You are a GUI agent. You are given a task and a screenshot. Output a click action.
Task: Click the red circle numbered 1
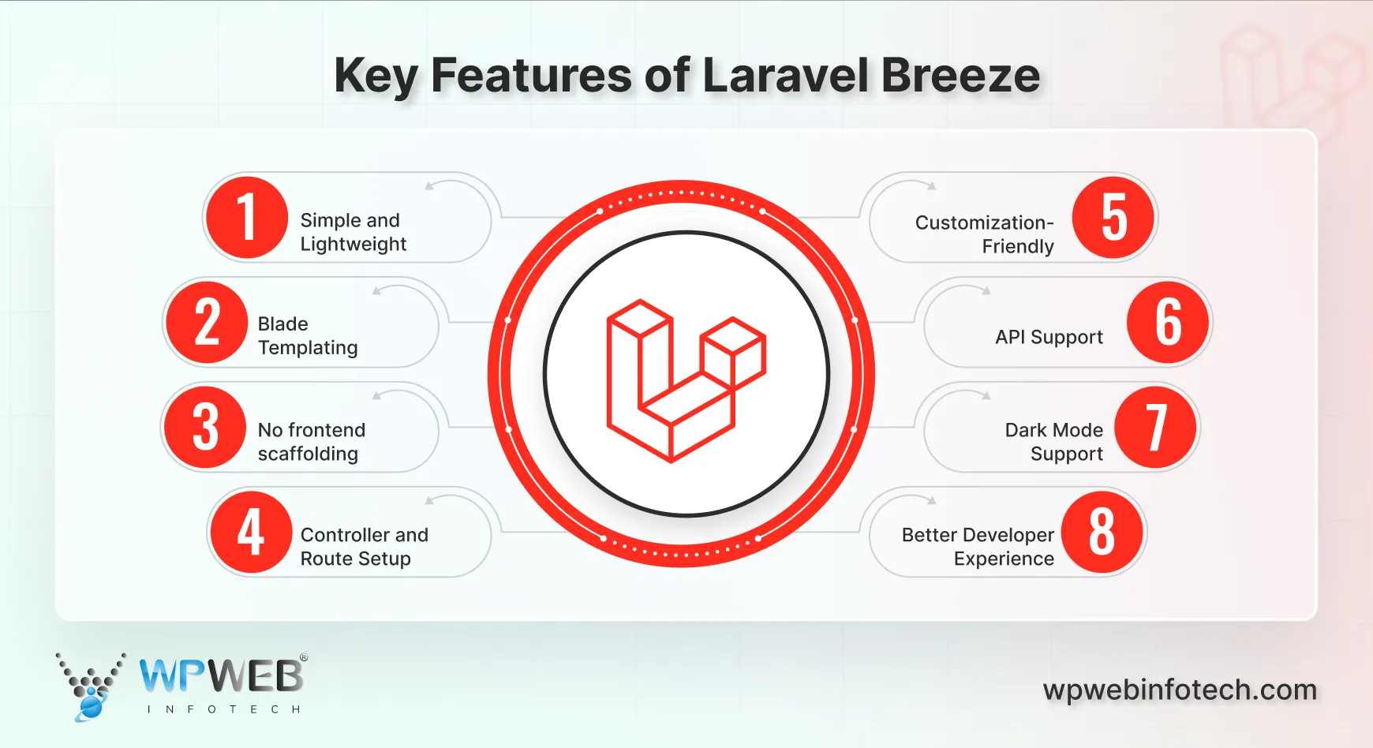click(x=246, y=218)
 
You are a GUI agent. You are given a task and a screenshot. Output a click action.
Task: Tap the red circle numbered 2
click(x=207, y=323)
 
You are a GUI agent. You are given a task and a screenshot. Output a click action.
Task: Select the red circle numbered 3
click(x=205, y=428)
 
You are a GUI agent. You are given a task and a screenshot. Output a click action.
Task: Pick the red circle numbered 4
click(x=251, y=532)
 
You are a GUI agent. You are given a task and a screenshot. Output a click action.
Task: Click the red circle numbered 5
click(x=1113, y=218)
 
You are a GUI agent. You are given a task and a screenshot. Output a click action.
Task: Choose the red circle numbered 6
click(x=1168, y=323)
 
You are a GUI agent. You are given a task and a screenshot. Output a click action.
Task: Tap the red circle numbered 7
click(x=1155, y=428)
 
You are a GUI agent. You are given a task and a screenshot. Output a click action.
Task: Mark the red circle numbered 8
click(x=1102, y=532)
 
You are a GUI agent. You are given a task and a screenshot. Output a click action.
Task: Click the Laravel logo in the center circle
click(x=685, y=380)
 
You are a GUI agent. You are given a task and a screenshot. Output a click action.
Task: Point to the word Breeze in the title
click(x=960, y=76)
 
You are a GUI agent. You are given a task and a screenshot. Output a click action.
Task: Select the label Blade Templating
click(x=307, y=336)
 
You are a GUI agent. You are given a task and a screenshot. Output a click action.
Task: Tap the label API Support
click(x=1049, y=337)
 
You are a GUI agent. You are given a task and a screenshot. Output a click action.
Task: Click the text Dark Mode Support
click(x=1054, y=442)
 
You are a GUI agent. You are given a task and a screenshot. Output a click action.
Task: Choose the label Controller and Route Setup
click(x=364, y=547)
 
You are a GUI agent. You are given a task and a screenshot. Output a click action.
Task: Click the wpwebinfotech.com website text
click(x=1180, y=690)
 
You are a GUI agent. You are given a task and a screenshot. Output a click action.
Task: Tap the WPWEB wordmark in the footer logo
click(x=222, y=676)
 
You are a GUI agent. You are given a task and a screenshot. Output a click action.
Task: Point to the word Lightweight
click(x=353, y=245)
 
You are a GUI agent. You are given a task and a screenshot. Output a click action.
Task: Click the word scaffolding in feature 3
click(x=308, y=454)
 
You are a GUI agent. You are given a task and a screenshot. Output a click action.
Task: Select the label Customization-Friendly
click(x=984, y=234)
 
